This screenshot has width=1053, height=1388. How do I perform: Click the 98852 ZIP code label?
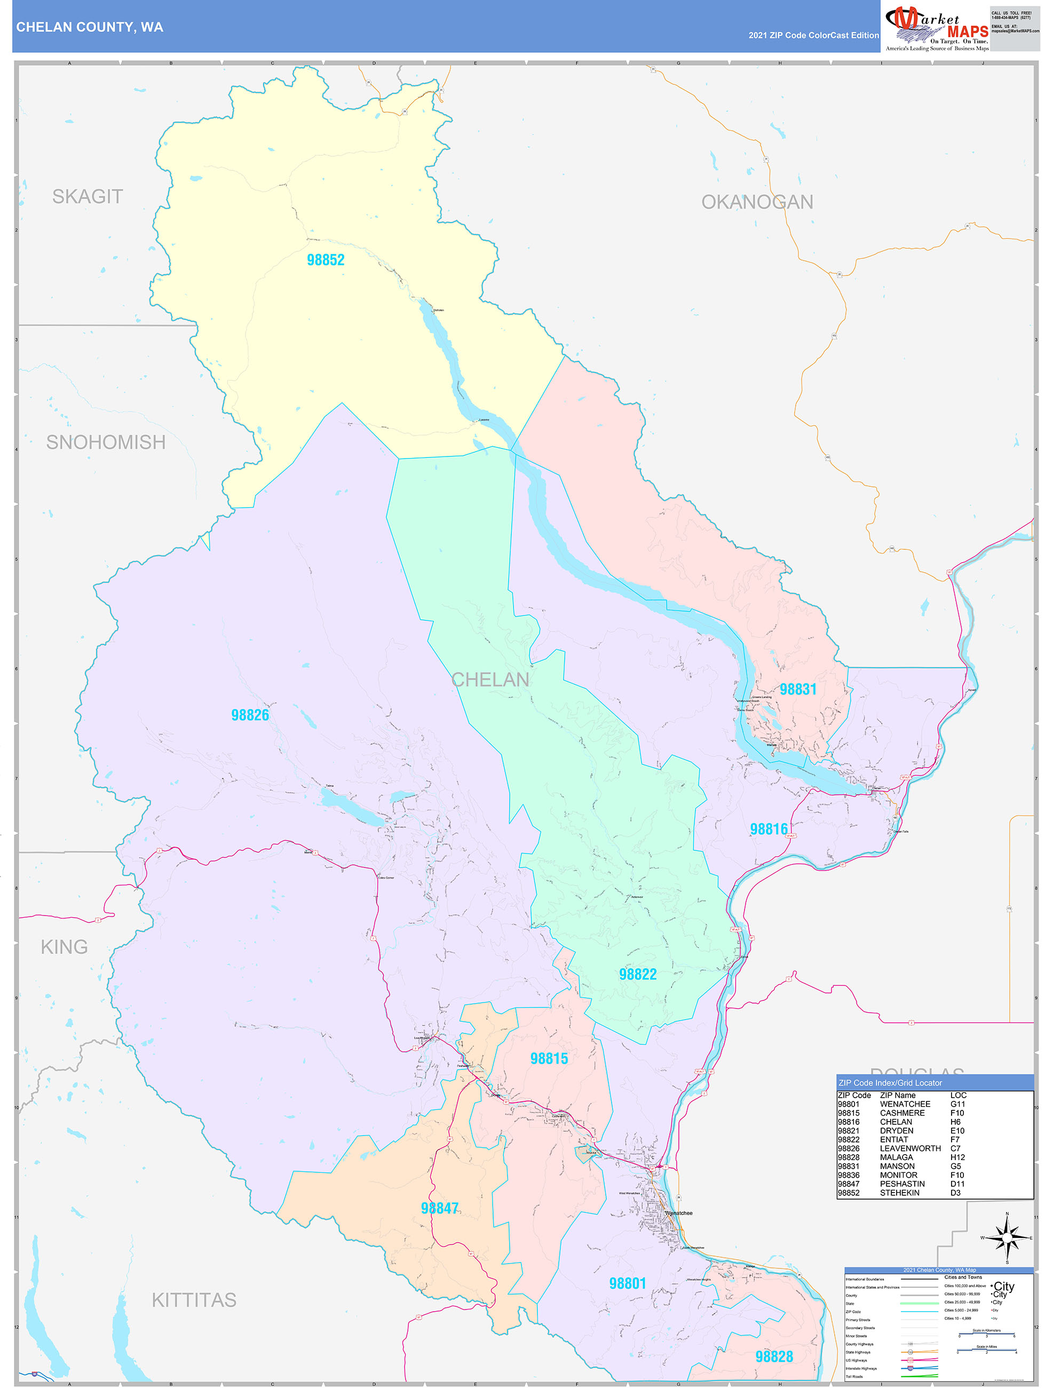pyautogui.click(x=326, y=260)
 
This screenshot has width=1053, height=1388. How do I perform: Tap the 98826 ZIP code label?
pyautogui.click(x=250, y=715)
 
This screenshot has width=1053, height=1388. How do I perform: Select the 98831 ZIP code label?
pyautogui.click(x=798, y=689)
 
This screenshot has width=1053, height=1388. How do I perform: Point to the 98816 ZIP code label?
pyautogui.click(x=769, y=829)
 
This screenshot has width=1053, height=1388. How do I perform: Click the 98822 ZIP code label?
pyautogui.click(x=638, y=974)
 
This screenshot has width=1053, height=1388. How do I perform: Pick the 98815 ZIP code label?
pyautogui.click(x=549, y=1059)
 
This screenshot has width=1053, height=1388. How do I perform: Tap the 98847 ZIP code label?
pyautogui.click(x=440, y=1208)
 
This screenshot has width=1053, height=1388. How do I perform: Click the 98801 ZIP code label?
pyautogui.click(x=627, y=1283)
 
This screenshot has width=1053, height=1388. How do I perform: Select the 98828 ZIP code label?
pyautogui.click(x=774, y=1357)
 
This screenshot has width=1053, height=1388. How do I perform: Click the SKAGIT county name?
pyautogui.click(x=87, y=196)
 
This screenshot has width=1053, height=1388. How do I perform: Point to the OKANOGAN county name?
pyautogui.click(x=757, y=202)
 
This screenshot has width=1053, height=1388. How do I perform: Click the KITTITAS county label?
pyautogui.click(x=194, y=1299)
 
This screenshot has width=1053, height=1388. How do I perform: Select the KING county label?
pyautogui.click(x=64, y=947)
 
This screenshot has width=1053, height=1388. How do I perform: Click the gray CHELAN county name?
pyautogui.click(x=490, y=680)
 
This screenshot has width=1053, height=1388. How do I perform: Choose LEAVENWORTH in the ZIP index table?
pyautogui.click(x=910, y=1148)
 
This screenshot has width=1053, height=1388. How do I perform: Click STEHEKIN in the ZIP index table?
pyautogui.click(x=899, y=1193)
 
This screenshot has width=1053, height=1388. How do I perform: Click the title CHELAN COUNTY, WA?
pyautogui.click(x=90, y=27)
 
